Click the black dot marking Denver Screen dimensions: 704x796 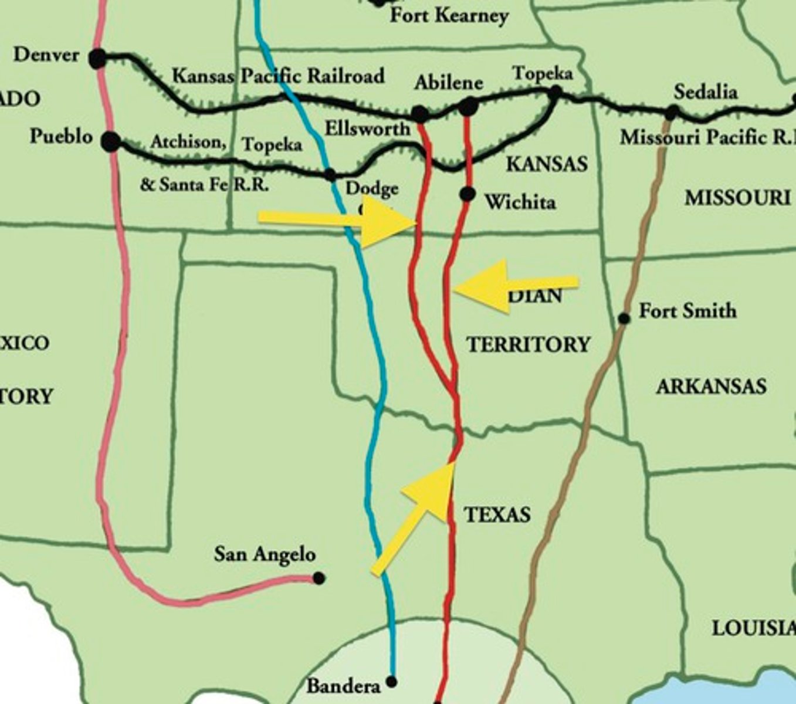coord(97,58)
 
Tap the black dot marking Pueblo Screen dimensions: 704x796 coord(110,141)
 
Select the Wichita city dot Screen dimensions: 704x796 coord(467,194)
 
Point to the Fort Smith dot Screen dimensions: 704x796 coord(624,319)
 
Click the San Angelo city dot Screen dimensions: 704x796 coord(319,578)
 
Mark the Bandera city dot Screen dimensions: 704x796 coord(391,682)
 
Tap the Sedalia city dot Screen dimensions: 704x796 coord(672,111)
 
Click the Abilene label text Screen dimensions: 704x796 coord(448,83)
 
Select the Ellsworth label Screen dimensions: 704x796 coord(367,128)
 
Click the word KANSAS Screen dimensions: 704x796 coord(547,164)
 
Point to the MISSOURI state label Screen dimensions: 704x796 coord(737,198)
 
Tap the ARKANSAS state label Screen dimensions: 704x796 coord(711,387)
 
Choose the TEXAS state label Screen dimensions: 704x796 coord(497,515)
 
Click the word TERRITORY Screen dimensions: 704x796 coord(528,344)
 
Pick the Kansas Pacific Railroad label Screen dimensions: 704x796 coord(278,76)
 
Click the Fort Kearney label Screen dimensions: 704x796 coord(449,16)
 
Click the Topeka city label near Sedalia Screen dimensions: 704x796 coord(542,74)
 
